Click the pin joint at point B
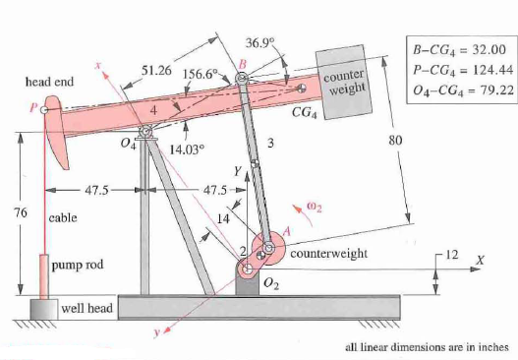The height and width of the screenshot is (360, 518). click(x=242, y=79)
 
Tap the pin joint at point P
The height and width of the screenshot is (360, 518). click(x=43, y=109)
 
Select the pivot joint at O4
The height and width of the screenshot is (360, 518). click(x=145, y=132)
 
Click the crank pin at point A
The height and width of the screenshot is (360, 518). click(x=268, y=247)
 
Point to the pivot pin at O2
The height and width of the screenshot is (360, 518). click(x=247, y=270)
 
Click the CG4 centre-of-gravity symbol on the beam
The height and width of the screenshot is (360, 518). click(x=302, y=88)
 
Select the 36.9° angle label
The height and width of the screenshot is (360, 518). click(x=260, y=42)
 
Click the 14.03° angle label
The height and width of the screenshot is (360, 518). click(x=187, y=150)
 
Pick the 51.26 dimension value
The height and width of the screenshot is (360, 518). click(x=156, y=70)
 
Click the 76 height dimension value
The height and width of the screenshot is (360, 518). click(x=21, y=212)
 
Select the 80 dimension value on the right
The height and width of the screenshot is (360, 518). click(x=395, y=141)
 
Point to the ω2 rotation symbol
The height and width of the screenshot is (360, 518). click(x=315, y=208)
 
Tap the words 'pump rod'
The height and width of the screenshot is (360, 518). click(x=78, y=265)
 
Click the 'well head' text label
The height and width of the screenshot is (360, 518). click(x=87, y=308)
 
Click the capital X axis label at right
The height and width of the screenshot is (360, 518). click(x=480, y=261)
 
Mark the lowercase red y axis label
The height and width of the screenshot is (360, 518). click(x=157, y=332)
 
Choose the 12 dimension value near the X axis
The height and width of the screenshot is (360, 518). click(x=452, y=255)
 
